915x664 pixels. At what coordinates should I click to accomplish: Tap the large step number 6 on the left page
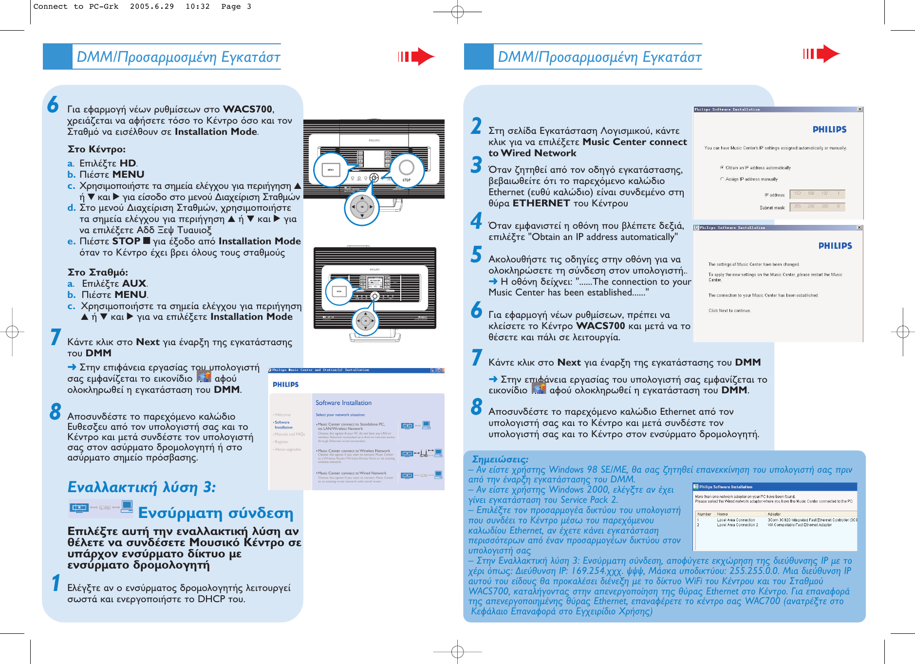coord(53,105)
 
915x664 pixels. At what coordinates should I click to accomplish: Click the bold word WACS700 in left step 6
coord(247,109)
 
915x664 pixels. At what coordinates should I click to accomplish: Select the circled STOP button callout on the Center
coord(406,170)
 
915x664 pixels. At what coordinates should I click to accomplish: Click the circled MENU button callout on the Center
coord(331,170)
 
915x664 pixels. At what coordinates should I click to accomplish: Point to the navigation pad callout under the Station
coord(365,321)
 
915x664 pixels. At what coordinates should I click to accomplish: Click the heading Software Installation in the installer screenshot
coord(343,403)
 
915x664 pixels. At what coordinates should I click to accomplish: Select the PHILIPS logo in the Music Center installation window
coord(285,384)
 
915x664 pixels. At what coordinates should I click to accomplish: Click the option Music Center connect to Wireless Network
coord(355,451)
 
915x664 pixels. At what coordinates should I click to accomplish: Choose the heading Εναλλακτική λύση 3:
coord(142,487)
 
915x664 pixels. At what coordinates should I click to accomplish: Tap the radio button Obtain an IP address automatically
coord(722,167)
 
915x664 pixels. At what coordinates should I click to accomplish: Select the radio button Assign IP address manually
coord(722,179)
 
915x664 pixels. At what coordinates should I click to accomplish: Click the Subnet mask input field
coord(817,207)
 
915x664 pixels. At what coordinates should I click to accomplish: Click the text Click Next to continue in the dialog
coord(729,311)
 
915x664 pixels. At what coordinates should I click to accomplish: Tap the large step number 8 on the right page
coord(476,407)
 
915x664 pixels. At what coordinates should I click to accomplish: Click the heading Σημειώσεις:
coord(500,459)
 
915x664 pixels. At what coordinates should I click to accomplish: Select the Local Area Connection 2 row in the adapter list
coord(737,525)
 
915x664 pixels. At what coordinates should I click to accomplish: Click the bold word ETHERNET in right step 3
coord(541,203)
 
